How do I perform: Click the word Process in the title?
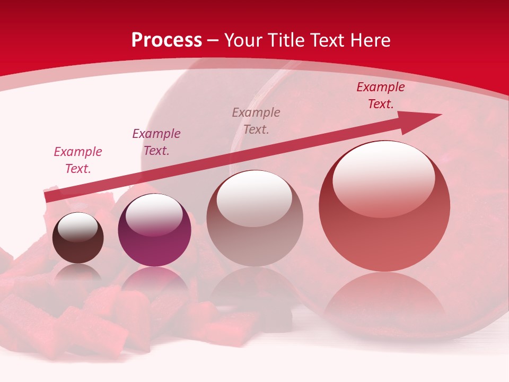166,40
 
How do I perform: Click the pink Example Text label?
78,160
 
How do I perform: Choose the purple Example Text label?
156,142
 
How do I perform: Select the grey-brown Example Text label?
256,121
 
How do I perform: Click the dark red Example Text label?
381,95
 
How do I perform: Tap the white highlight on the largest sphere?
384,178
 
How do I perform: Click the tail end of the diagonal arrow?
49,197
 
